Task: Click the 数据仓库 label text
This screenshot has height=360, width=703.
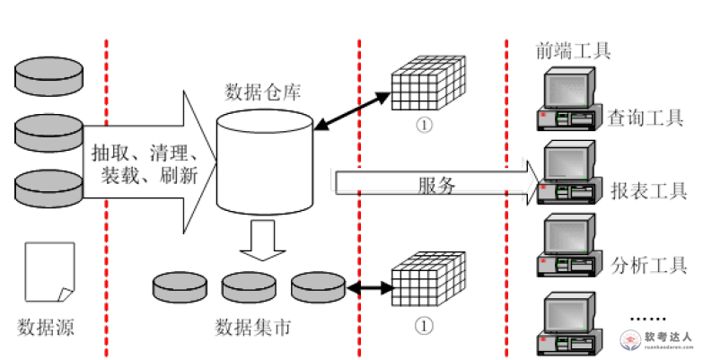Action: pos(262,92)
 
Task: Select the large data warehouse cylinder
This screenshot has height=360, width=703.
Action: pos(264,165)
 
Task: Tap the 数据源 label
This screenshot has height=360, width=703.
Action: pos(45,326)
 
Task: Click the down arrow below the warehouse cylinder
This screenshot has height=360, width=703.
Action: pos(263,241)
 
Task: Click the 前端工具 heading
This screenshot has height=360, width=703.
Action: pos(572,50)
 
